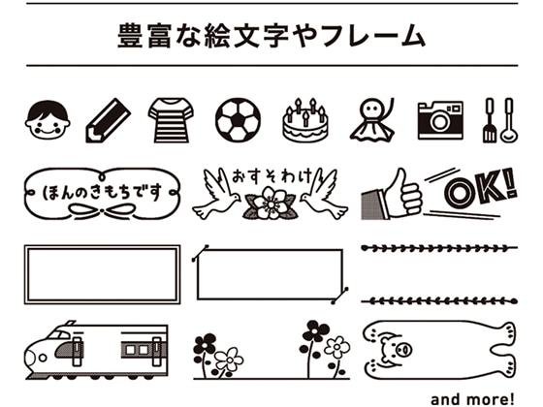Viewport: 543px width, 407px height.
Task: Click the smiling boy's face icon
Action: click(48, 120)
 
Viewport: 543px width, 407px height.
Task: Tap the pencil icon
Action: click(108, 120)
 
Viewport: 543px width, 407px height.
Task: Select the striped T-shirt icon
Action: click(171, 120)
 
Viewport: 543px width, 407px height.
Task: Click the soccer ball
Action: click(238, 120)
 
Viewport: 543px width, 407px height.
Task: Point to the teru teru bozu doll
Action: click(372, 120)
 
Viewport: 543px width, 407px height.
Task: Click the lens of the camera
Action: click(440, 122)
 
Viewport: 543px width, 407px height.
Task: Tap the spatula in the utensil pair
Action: click(490, 120)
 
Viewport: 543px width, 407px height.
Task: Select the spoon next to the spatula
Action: click(508, 120)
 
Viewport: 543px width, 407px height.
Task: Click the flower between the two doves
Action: click(271, 203)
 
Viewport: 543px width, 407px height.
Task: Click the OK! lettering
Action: click(481, 188)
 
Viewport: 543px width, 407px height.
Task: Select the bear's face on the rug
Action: click(396, 350)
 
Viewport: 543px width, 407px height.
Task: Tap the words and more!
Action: click(472, 399)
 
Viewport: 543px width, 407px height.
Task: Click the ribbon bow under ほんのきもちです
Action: click(102, 210)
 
